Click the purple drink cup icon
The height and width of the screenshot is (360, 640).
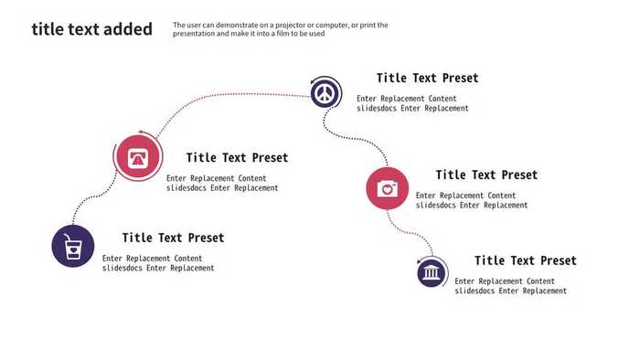[73, 246]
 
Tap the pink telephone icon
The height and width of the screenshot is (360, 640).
[138, 156]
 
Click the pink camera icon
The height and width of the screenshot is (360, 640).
[388, 189]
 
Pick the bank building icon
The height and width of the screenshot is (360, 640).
[432, 272]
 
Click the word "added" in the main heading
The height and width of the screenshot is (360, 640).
[127, 29]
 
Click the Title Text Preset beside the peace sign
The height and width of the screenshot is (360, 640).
[427, 79]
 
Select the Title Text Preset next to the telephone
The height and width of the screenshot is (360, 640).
[237, 158]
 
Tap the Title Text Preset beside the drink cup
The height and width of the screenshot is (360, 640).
[173, 238]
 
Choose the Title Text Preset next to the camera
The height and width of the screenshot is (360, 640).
[486, 175]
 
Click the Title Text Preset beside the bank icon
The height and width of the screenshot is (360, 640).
[525, 261]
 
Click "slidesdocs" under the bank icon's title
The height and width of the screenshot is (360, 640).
[474, 291]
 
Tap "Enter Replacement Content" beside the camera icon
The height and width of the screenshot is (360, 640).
[465, 196]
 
